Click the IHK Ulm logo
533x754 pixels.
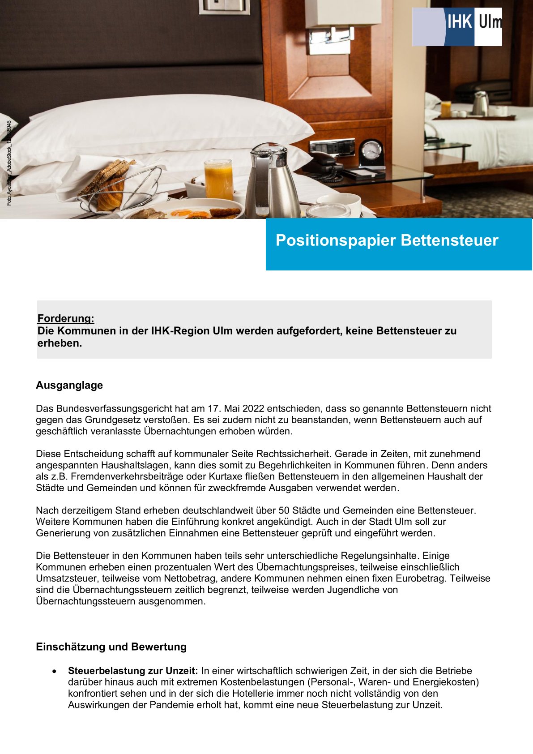tap(457, 27)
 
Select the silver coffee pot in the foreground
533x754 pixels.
tap(272, 181)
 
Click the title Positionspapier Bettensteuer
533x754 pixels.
tap(387, 240)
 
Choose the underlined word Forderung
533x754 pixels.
tap(66, 318)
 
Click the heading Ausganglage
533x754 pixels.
tap(69, 386)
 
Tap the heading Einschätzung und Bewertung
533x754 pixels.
tap(111, 647)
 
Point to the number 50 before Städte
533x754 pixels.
tap(284, 510)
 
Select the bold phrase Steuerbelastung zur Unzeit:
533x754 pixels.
tap(133, 671)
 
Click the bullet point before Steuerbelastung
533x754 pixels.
tap(54, 671)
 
